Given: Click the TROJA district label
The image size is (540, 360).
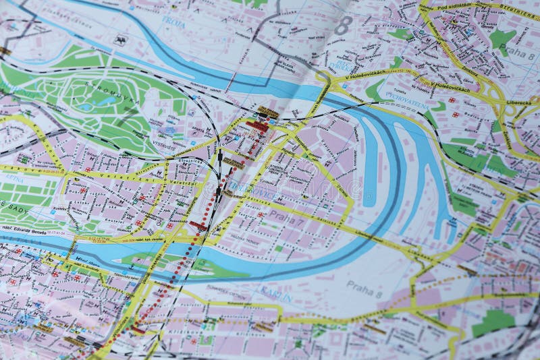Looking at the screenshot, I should (173, 22).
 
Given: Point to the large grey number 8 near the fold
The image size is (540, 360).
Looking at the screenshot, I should (344, 26).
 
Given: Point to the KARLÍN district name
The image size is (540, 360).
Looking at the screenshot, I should (276, 295).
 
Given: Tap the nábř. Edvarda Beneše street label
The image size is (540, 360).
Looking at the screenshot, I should (24, 232).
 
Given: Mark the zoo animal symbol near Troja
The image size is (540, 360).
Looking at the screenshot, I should (121, 40).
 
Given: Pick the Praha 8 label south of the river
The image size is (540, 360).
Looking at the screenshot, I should (364, 287).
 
